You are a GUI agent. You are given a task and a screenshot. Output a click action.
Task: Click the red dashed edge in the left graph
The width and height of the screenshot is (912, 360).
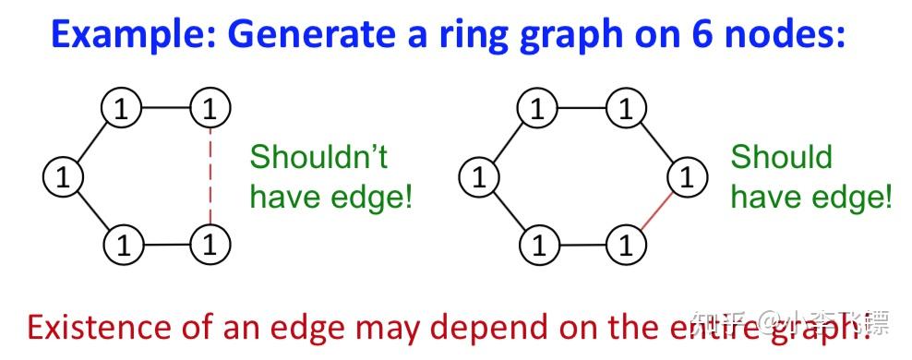click(210, 176)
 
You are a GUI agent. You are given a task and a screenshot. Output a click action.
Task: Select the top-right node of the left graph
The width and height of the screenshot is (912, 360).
click(210, 110)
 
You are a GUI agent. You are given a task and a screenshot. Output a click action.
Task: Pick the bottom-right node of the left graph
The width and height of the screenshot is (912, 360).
click(210, 245)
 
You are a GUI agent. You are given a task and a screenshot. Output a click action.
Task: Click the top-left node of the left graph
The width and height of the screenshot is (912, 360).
click(120, 110)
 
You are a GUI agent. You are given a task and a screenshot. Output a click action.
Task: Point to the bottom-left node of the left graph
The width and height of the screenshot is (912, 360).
click(120, 245)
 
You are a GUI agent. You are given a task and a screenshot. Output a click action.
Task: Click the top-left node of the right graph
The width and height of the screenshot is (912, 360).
click(537, 110)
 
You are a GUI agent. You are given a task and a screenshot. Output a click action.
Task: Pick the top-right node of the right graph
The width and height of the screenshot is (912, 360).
click(627, 110)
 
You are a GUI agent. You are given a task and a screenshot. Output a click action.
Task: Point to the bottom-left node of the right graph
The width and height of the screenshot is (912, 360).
click(537, 245)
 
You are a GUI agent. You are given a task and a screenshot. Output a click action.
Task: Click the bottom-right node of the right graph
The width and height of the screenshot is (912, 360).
click(627, 245)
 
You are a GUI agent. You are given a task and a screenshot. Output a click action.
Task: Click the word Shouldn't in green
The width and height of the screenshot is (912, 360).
click(318, 158)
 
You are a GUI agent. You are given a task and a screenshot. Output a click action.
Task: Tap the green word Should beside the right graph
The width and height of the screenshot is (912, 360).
click(781, 157)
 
